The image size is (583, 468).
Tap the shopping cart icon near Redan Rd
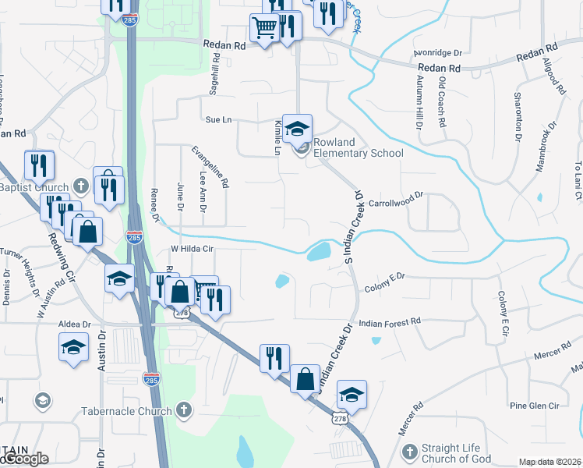coord(264,29)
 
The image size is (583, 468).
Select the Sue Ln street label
coord(219,120)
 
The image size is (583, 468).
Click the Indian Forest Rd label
coord(389,321)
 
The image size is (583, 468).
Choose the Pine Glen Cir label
coord(534,406)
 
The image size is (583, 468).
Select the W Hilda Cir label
coord(192,249)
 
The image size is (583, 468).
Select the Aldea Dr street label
coord(74,324)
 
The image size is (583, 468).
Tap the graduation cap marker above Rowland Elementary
coord(297,129)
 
